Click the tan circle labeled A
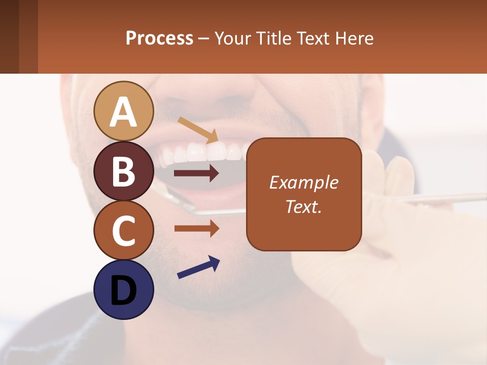point(123,111)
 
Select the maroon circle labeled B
point(123,171)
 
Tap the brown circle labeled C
point(123,230)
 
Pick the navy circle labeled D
point(123,289)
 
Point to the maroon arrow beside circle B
point(196,173)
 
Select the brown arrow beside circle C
point(196,229)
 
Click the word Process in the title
point(159,38)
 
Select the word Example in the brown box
point(303,182)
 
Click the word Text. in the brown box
point(303,207)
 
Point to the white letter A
point(123,112)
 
